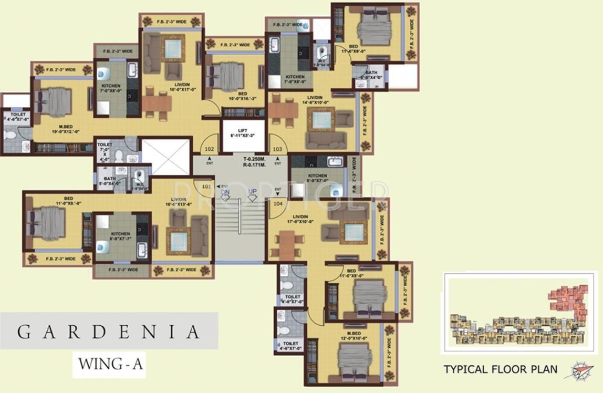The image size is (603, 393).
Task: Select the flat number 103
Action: (x=277, y=149)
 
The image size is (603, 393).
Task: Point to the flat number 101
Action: (x=206, y=186)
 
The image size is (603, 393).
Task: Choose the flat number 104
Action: (x=278, y=203)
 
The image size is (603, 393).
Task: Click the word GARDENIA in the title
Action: (x=109, y=332)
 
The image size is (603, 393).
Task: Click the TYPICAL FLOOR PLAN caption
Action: (x=501, y=369)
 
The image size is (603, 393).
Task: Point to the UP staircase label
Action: (x=253, y=192)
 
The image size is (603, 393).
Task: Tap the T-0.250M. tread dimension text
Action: (x=254, y=158)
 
